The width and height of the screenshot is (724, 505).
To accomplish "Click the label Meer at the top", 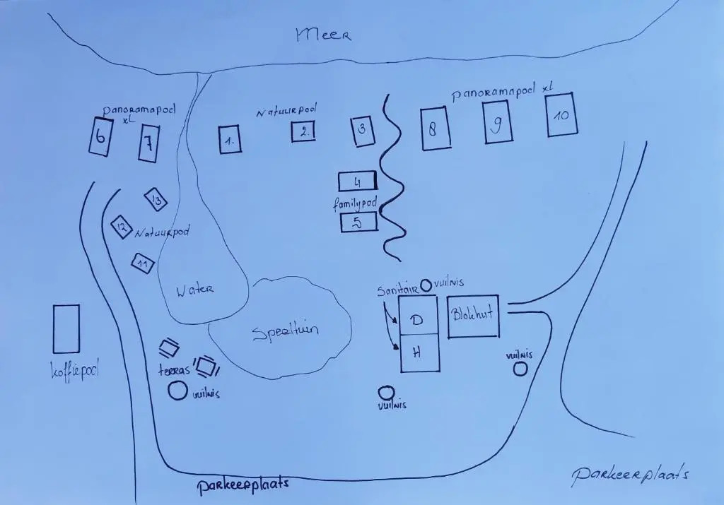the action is click(x=323, y=35).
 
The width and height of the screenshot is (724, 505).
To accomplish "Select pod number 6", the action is click(x=100, y=136).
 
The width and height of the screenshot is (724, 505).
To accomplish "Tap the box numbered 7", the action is click(x=148, y=143).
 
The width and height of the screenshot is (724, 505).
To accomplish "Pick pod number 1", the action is click(x=230, y=140).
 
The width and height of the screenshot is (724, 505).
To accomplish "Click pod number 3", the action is click(x=363, y=131).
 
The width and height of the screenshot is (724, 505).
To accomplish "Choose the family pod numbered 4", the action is click(x=358, y=182).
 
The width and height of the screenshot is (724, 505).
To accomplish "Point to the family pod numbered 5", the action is click(x=358, y=222).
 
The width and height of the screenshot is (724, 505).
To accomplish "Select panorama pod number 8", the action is click(x=436, y=129).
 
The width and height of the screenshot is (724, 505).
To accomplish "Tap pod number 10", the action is click(x=562, y=115).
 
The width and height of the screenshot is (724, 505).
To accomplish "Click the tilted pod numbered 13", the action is click(x=156, y=200).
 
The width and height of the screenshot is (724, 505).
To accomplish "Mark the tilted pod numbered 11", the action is click(x=143, y=263).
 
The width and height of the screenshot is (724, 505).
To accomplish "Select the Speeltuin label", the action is click(x=286, y=332).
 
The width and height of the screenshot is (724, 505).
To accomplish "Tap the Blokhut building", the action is click(x=473, y=316).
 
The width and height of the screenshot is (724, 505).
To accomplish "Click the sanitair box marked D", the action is click(x=418, y=316).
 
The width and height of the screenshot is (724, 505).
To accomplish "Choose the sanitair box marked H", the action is click(x=419, y=353).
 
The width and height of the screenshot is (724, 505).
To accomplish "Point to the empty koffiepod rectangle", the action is click(x=66, y=329).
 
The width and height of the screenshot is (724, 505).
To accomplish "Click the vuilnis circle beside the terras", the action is click(x=177, y=391).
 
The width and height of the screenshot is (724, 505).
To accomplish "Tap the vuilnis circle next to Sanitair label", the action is click(x=426, y=286).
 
